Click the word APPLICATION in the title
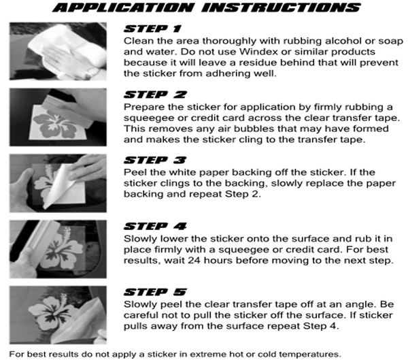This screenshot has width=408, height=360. pos(123,7)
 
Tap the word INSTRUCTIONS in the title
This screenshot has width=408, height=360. pos(281,7)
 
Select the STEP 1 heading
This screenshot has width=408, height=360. pos(152,29)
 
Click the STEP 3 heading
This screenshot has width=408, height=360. pos(155,160)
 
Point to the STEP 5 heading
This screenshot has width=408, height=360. pos(155,292)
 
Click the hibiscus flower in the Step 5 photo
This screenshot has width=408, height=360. pos(52,311)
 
